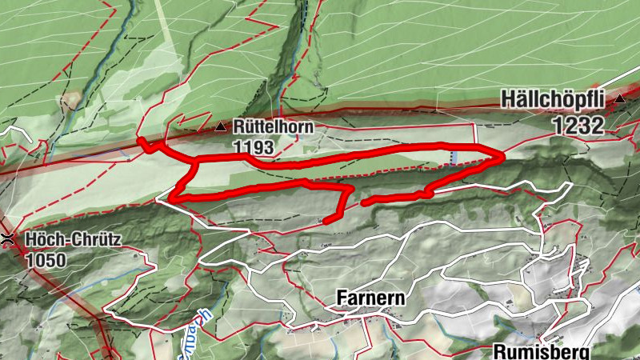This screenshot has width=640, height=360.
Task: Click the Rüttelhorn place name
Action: click(x=274, y=126)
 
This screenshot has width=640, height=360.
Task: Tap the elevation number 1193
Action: click(x=254, y=147)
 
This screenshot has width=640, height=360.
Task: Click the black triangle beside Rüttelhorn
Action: click(x=221, y=126)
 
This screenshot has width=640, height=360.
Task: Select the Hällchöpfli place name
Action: click(x=555, y=99)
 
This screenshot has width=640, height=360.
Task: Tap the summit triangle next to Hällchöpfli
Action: click(x=620, y=98)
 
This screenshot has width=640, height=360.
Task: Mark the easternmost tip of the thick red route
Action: click(x=502, y=157)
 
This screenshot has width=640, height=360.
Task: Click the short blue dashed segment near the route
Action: click(x=454, y=157)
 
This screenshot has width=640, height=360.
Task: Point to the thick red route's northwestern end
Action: click(x=141, y=142)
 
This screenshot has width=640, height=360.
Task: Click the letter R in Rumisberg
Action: click(x=499, y=352)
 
